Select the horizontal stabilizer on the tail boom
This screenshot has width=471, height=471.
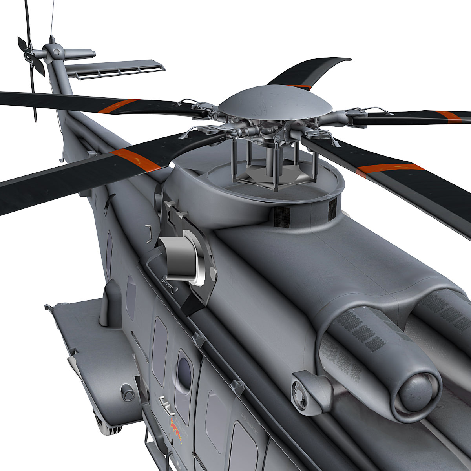(114, 68)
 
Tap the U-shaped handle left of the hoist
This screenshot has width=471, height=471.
(149, 233)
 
